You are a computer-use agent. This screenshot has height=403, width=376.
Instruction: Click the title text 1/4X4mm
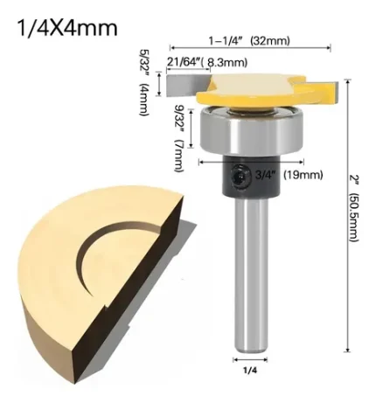[67, 28]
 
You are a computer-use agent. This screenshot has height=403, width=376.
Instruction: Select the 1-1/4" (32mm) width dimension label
[249, 40]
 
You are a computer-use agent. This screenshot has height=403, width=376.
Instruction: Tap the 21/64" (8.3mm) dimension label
[207, 62]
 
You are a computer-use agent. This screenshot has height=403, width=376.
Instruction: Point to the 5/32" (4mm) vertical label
[144, 83]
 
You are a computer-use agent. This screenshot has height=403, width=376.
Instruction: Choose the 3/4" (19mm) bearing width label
[289, 175]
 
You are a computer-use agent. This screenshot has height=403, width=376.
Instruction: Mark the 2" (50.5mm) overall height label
[353, 208]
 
